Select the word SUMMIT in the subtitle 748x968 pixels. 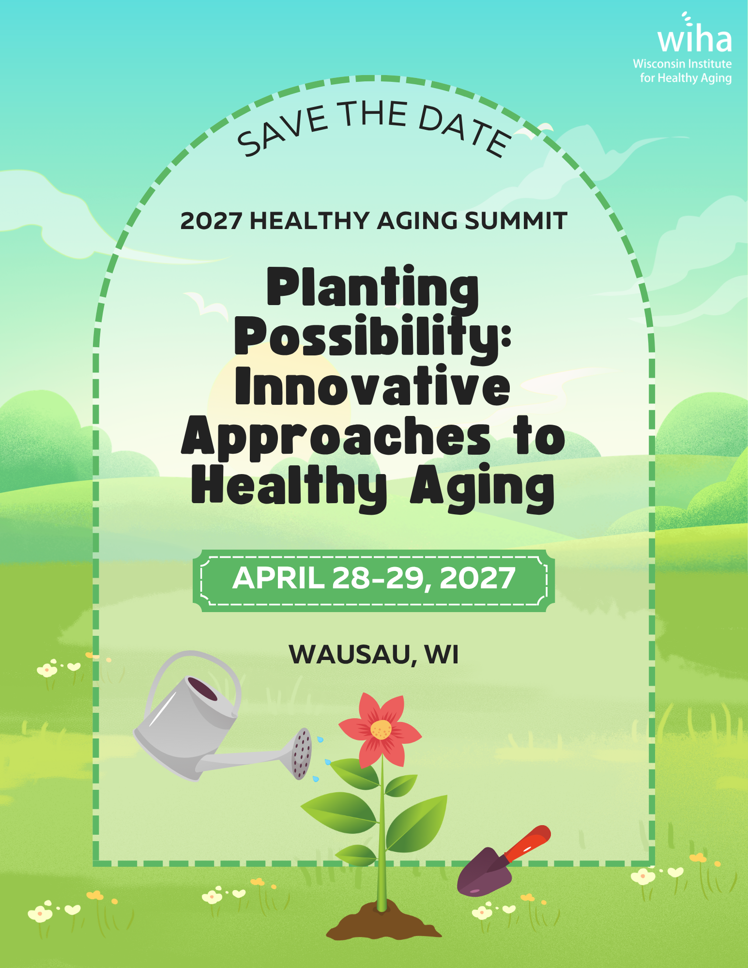[x=516, y=221]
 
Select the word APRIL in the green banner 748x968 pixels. [x=278, y=578]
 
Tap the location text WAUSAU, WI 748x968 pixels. [x=374, y=655]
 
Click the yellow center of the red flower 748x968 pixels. [x=381, y=729]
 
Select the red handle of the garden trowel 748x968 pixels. [x=527, y=844]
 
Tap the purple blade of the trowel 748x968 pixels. [x=484, y=872]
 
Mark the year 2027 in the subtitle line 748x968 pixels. [x=211, y=221]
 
